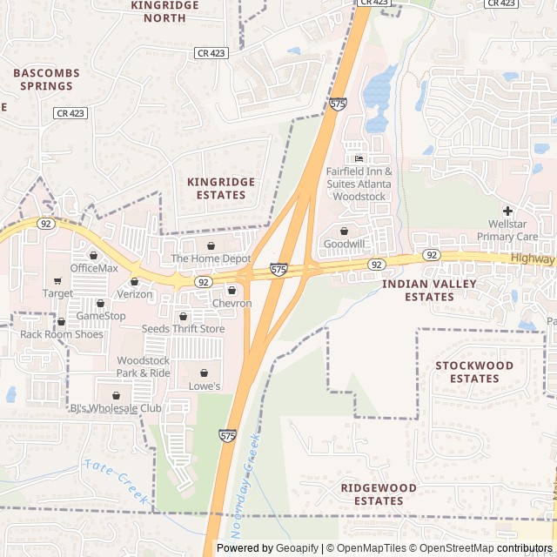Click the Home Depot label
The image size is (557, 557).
(x=211, y=258)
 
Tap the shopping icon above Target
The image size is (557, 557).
(x=57, y=281)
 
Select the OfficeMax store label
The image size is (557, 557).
(x=94, y=268)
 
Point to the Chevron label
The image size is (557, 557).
(x=232, y=304)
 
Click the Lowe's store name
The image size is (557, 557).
(x=205, y=386)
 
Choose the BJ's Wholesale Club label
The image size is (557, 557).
(x=116, y=408)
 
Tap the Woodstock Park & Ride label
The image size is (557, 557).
(x=144, y=366)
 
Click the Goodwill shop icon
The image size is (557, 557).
(x=344, y=232)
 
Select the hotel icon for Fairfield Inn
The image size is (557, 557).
(x=359, y=158)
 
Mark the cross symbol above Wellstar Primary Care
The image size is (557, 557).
(x=507, y=211)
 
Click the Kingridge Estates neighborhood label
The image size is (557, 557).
(x=221, y=188)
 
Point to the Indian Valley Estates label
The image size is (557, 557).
(x=417, y=291)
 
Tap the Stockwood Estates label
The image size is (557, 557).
(x=474, y=372)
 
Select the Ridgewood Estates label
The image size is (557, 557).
(x=379, y=494)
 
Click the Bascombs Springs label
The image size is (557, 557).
(x=46, y=79)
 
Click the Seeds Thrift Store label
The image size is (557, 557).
(x=184, y=329)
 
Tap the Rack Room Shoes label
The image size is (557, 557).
(x=62, y=334)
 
